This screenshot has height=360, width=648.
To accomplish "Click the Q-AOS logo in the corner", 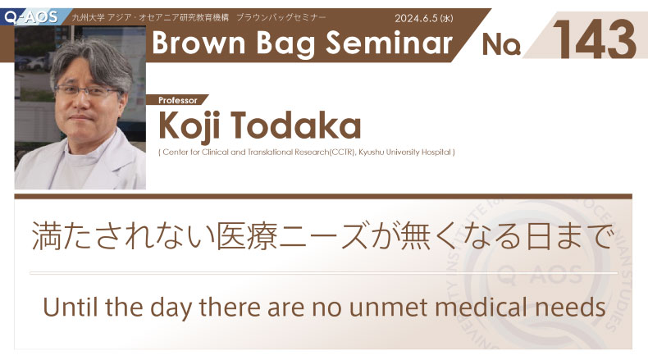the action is [x=31, y=17].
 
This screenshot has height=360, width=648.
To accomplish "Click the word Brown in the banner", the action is [x=199, y=43].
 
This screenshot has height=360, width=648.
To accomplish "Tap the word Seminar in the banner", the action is [x=390, y=43].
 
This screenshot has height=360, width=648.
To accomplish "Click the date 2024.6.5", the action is [x=416, y=18].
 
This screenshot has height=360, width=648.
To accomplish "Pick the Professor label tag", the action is [x=178, y=100].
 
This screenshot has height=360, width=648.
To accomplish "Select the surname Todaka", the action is [x=296, y=125].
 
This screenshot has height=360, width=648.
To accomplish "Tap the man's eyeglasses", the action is [x=88, y=90].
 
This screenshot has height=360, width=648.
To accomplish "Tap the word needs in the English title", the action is [x=570, y=308].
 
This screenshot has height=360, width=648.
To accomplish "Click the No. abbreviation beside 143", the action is [x=501, y=44].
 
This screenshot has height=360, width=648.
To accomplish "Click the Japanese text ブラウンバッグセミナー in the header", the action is [x=281, y=17].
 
